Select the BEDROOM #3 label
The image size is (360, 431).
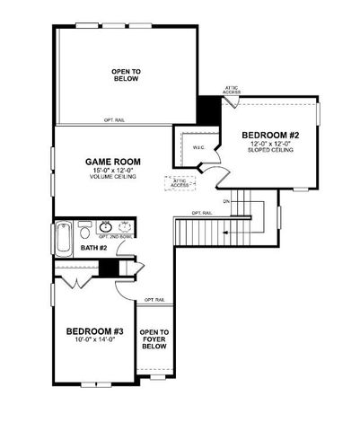tap(93, 331)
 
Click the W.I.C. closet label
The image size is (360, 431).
tap(199, 145)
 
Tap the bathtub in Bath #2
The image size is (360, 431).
tap(63, 237)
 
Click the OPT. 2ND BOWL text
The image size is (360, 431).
tap(116, 237)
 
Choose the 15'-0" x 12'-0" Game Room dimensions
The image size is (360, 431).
tap(111, 171)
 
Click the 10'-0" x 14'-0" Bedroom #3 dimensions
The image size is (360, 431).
tap(94, 341)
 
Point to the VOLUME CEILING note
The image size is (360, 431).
tap(111, 178)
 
